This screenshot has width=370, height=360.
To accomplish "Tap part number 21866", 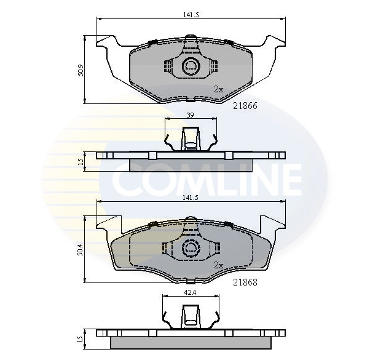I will point(245,105).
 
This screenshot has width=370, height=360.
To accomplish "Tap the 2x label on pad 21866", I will point(218,89).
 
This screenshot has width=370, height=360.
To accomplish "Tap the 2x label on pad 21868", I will point(218,266).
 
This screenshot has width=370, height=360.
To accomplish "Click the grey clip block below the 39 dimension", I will point(192,139).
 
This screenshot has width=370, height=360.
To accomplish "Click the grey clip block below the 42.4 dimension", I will point(192,318).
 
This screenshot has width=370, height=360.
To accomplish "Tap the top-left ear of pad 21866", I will point(105,44).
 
